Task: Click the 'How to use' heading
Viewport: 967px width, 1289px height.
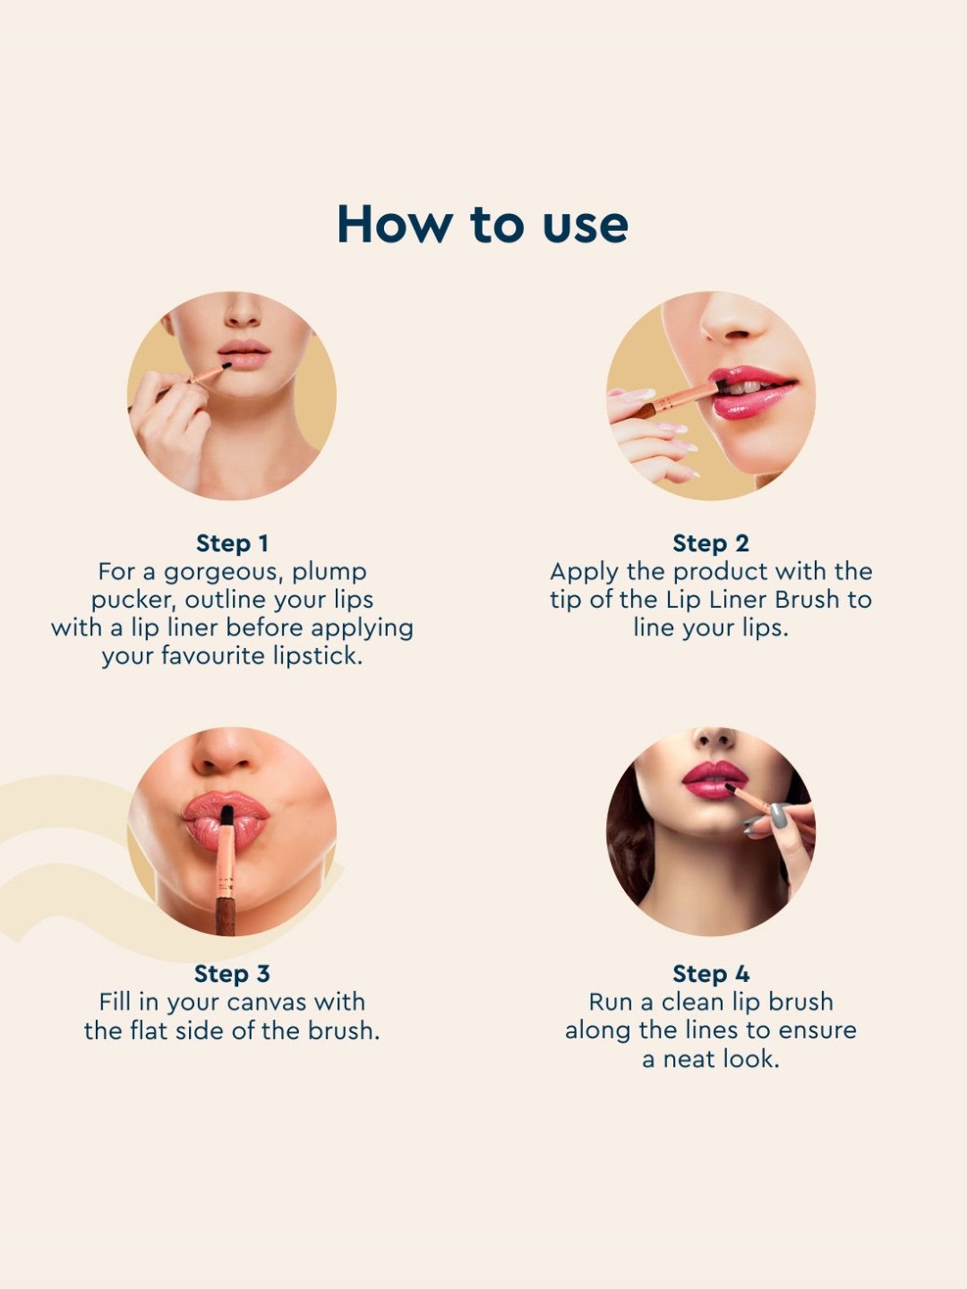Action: (x=483, y=224)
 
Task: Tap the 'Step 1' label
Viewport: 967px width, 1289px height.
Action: (x=232, y=543)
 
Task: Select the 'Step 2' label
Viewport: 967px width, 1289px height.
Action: (x=710, y=543)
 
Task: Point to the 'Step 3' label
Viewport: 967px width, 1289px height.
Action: (x=232, y=974)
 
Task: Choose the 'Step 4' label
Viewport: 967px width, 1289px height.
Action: (x=710, y=974)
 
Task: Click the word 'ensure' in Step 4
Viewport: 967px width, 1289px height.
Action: (x=817, y=1031)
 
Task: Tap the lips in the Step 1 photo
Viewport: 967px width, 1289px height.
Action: (x=244, y=354)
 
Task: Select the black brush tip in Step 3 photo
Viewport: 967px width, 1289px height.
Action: (x=226, y=816)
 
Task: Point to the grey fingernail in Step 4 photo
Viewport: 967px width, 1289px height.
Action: (x=779, y=816)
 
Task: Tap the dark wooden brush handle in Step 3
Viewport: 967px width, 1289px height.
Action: (x=225, y=915)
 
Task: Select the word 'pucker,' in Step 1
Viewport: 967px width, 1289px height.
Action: (x=133, y=600)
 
